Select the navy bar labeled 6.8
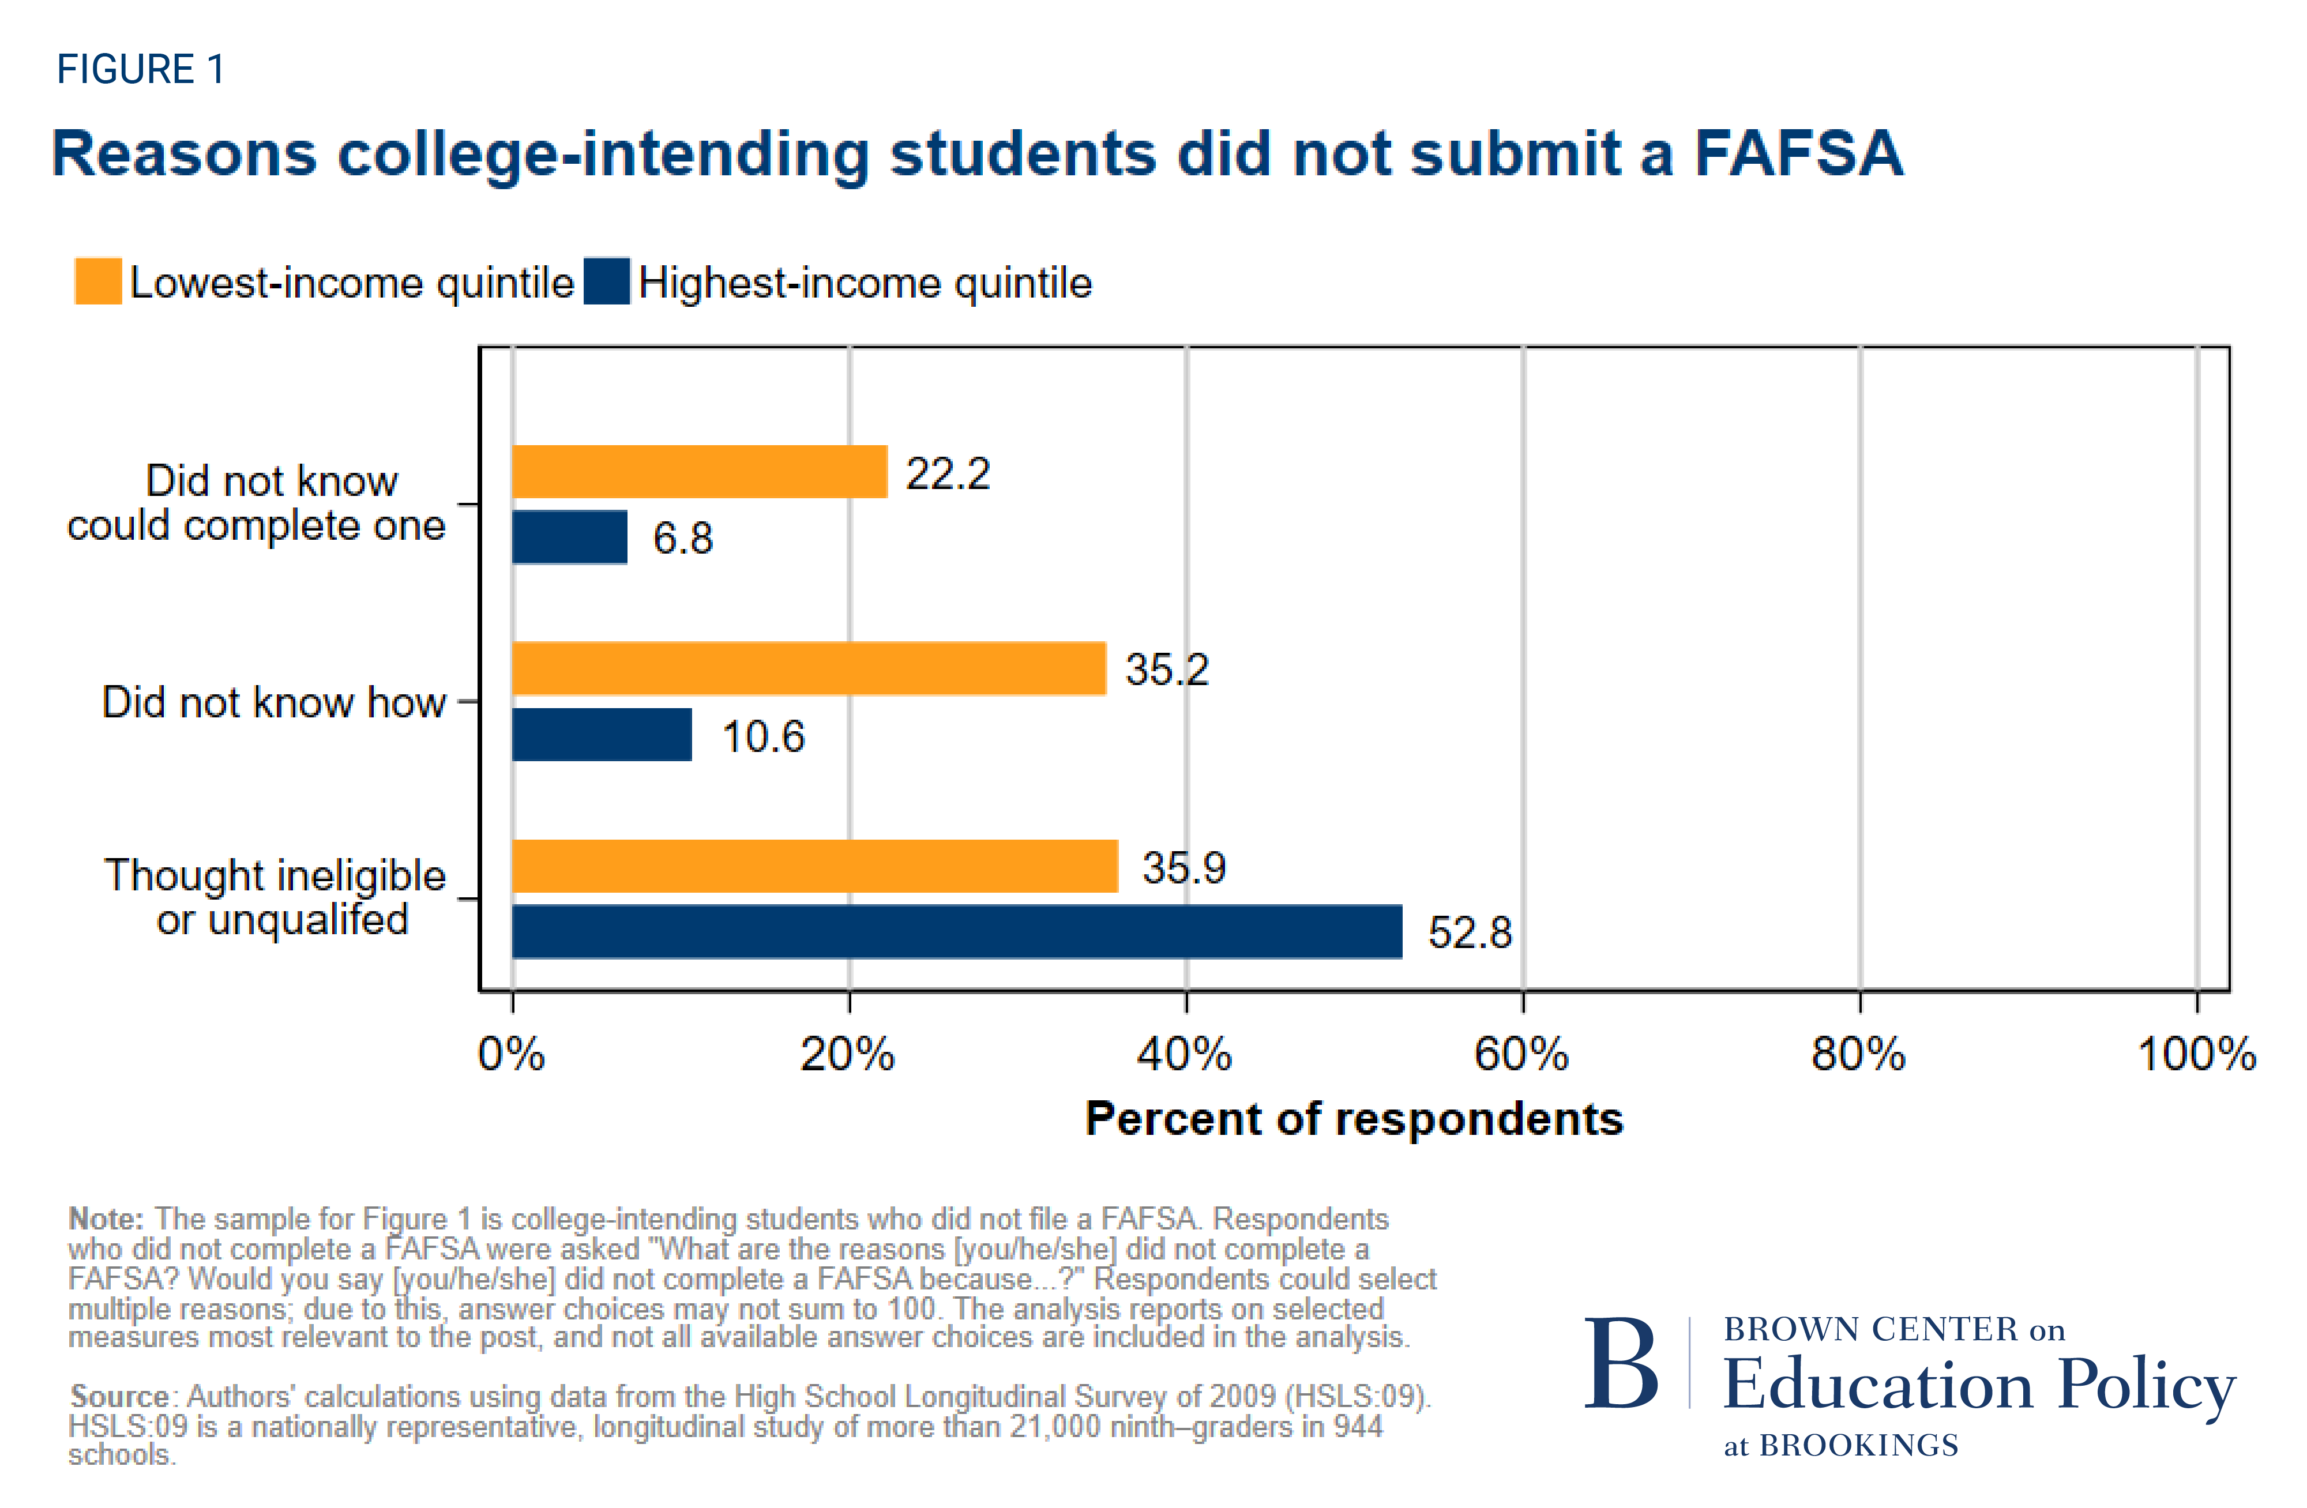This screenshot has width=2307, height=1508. click(x=569, y=537)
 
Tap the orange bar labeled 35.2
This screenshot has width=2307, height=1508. click(x=809, y=669)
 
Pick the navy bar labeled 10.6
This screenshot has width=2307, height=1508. click(x=601, y=735)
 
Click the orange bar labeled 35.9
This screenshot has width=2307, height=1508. click(x=814, y=866)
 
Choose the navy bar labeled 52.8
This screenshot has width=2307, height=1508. click(x=956, y=931)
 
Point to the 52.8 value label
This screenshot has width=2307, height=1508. click(x=1470, y=932)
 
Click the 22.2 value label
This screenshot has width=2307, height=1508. click(x=947, y=474)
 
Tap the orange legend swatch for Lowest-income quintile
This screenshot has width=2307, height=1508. click(x=98, y=281)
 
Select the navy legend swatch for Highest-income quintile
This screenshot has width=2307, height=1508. click(x=607, y=281)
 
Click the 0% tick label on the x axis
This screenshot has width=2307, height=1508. click(x=511, y=1054)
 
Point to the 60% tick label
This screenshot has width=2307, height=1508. click(x=1521, y=1054)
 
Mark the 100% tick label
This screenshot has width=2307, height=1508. click(x=2196, y=1054)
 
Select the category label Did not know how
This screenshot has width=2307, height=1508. click(x=273, y=702)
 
